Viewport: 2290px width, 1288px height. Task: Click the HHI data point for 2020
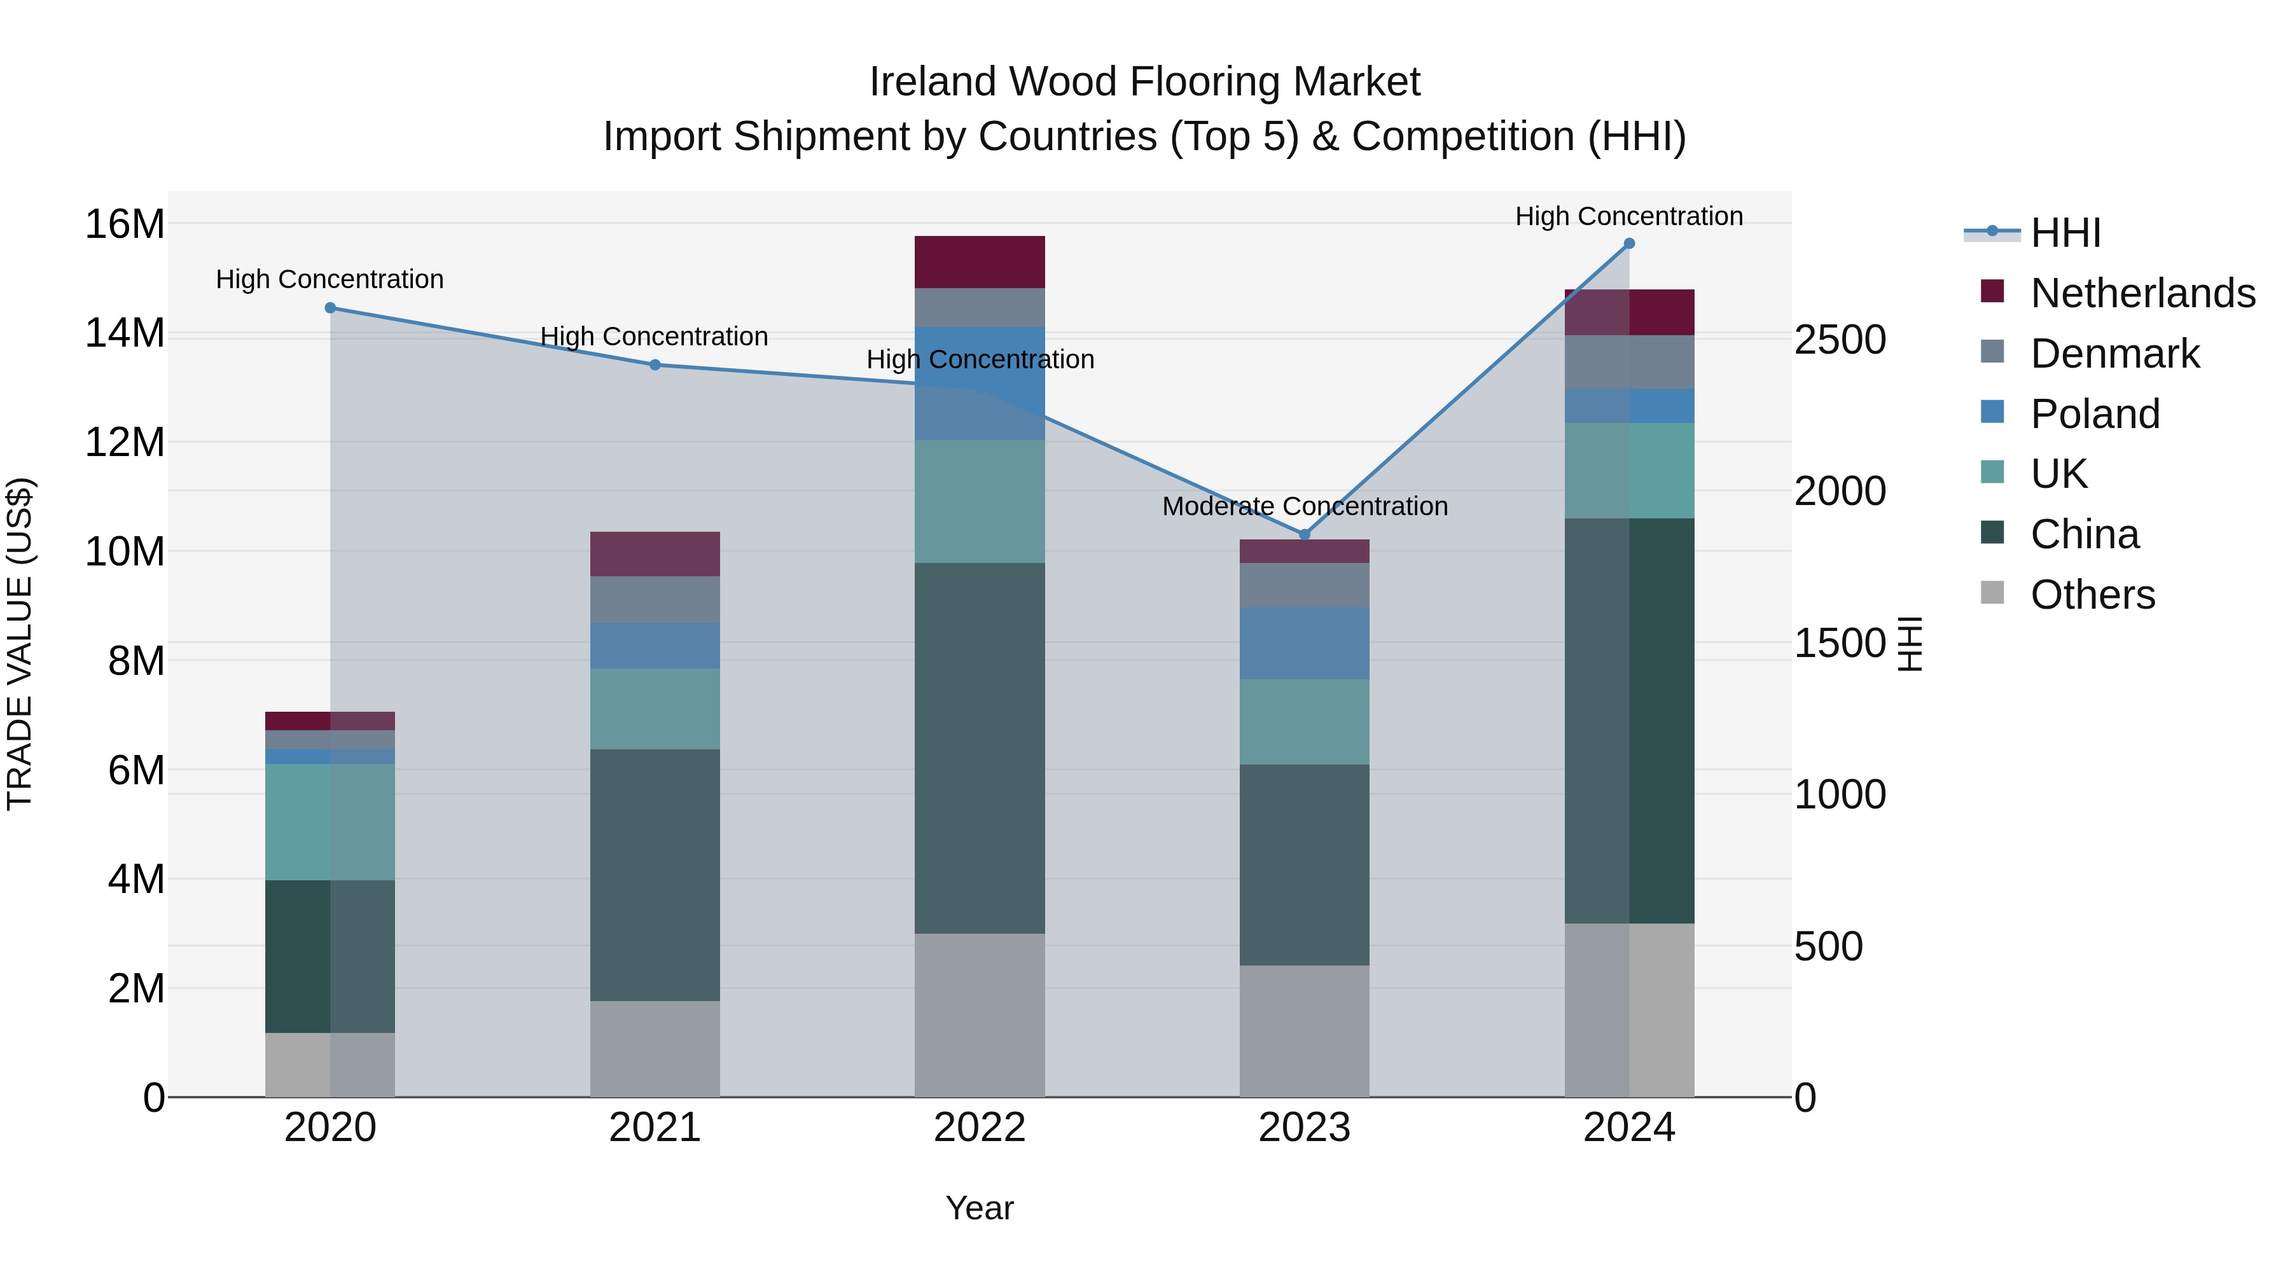pos(330,308)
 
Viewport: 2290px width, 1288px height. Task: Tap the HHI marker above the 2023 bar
pos(1304,534)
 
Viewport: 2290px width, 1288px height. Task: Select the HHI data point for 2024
pos(1628,243)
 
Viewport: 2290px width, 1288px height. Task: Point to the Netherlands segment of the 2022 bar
pos(979,261)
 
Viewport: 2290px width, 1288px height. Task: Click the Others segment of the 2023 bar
pos(1304,1030)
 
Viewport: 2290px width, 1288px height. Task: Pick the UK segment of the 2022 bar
pos(979,501)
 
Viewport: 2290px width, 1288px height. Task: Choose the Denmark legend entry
pos(2114,353)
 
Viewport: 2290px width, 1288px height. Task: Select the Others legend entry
pos(2092,594)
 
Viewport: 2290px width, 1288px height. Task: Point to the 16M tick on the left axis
pos(125,223)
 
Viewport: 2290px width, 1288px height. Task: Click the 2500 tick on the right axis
pos(1839,340)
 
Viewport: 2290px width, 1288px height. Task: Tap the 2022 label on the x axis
pos(979,1127)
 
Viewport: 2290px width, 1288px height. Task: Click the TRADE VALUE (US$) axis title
pos(20,644)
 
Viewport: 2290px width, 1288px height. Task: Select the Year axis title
pos(979,1208)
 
